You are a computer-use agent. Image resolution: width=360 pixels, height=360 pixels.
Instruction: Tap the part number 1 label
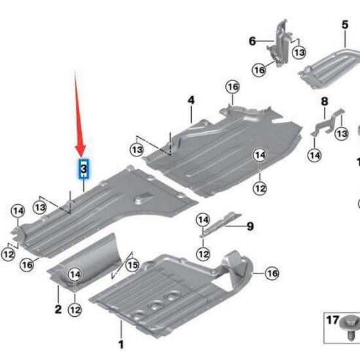(120, 344)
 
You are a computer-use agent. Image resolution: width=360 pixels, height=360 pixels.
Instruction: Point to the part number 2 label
(58, 309)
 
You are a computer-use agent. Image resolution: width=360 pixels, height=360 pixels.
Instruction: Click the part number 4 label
(191, 100)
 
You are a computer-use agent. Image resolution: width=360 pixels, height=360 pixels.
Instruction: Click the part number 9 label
(249, 226)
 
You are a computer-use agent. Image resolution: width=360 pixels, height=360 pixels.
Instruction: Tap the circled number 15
(133, 265)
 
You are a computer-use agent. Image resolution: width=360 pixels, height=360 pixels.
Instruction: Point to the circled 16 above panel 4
(232, 87)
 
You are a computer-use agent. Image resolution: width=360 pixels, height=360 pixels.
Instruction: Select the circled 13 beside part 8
(341, 134)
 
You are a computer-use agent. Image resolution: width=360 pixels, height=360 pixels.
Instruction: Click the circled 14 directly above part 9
(203, 219)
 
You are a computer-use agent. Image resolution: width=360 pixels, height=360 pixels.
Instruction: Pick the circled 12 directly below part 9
(203, 253)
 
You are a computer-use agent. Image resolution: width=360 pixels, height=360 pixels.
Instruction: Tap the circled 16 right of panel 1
(272, 272)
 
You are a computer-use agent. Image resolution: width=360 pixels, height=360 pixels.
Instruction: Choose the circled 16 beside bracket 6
(259, 70)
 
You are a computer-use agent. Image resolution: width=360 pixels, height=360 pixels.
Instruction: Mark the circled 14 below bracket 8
(315, 155)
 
